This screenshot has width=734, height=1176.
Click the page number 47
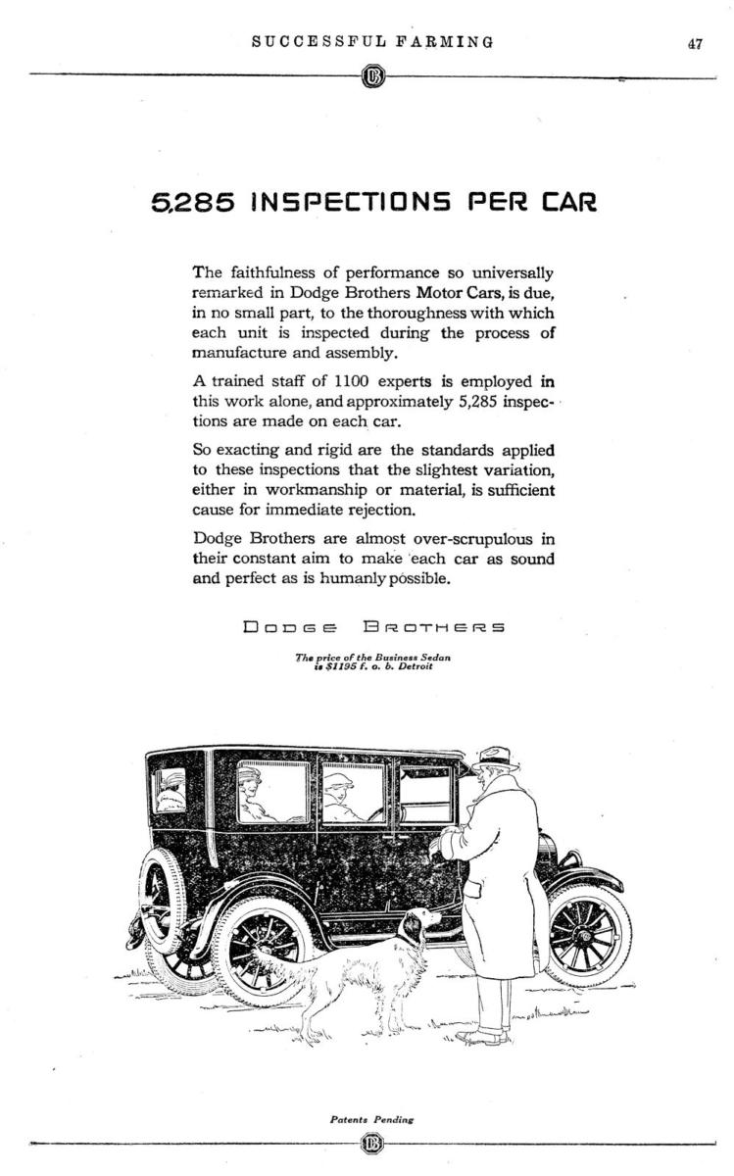695,43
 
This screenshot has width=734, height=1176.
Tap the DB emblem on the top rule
372,76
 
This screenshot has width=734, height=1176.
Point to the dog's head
422,923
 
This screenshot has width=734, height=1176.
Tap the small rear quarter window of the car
169,789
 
